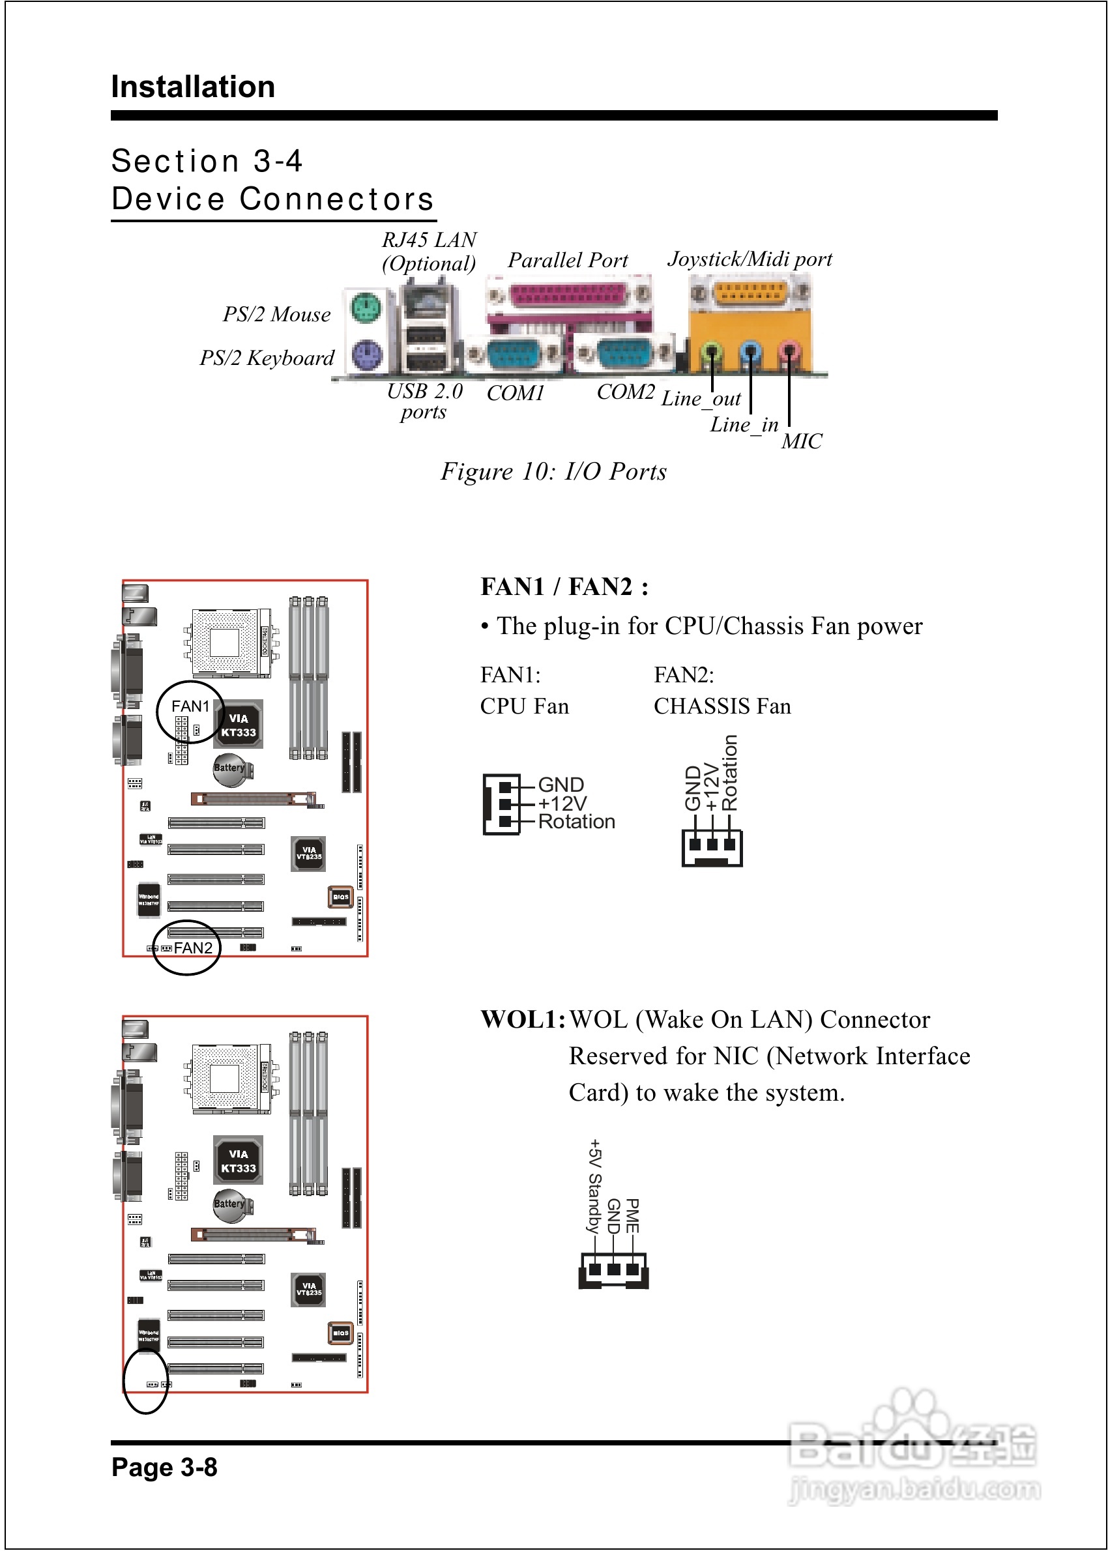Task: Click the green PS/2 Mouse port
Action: (x=366, y=309)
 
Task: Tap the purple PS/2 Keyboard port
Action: (x=366, y=355)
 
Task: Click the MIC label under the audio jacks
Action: (x=802, y=441)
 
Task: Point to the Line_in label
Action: (x=744, y=425)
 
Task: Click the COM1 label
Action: (x=516, y=394)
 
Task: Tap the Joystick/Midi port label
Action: (x=750, y=259)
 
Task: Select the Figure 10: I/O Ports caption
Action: (x=553, y=471)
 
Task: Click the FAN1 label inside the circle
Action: (x=190, y=706)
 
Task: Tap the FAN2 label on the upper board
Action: (x=193, y=948)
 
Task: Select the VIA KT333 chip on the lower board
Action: (x=238, y=1160)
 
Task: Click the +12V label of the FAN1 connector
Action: (x=562, y=804)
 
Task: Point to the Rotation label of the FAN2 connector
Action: (x=730, y=772)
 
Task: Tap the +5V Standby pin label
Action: (x=594, y=1185)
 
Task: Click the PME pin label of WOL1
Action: (x=632, y=1216)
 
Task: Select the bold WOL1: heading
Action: (x=523, y=1020)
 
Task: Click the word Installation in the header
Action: (x=193, y=87)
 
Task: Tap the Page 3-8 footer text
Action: (x=164, y=1467)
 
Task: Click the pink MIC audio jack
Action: (x=789, y=351)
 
